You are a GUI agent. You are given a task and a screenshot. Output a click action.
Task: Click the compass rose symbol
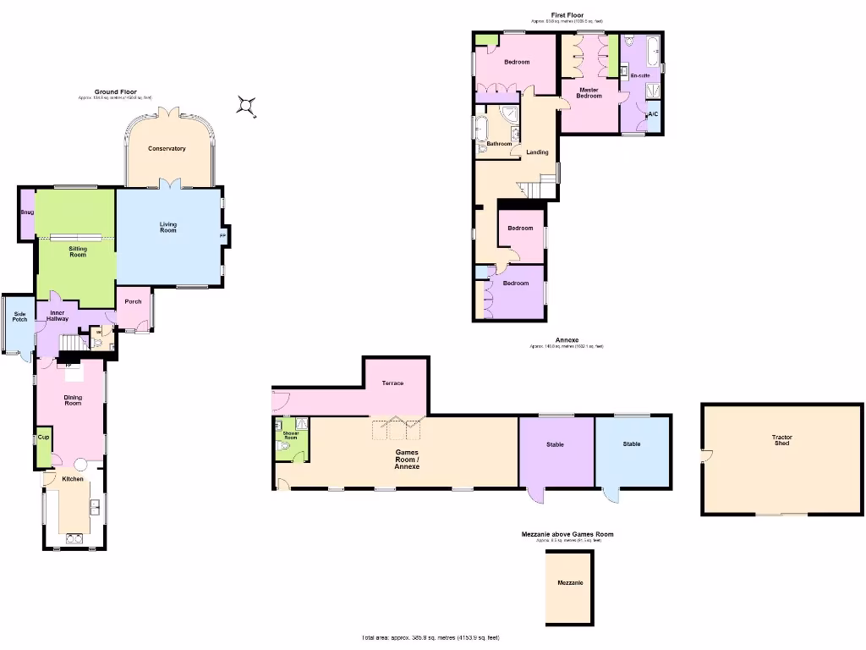pyautogui.click(x=246, y=105)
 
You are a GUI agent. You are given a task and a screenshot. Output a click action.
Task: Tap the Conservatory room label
pyautogui.click(x=167, y=149)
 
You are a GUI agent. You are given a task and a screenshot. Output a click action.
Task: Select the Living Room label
pyautogui.click(x=168, y=227)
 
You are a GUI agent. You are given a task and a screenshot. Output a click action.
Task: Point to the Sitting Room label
pyautogui.click(x=78, y=251)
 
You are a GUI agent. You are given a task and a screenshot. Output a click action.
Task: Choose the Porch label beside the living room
pyautogui.click(x=133, y=301)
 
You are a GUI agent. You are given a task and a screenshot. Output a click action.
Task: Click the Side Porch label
pyautogui.click(x=19, y=316)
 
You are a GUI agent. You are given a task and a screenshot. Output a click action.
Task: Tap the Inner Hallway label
pyautogui.click(x=58, y=316)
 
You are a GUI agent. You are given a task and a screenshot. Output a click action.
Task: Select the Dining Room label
pyautogui.click(x=73, y=399)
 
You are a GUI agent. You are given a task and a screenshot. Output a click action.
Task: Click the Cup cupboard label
pyautogui.click(x=43, y=438)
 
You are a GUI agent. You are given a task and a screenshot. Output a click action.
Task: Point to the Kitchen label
pyautogui.click(x=73, y=479)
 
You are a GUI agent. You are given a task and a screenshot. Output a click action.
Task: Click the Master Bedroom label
pyautogui.click(x=589, y=93)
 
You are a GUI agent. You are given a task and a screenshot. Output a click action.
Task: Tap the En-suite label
pyautogui.click(x=640, y=76)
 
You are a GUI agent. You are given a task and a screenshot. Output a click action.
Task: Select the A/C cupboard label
pyautogui.click(x=652, y=114)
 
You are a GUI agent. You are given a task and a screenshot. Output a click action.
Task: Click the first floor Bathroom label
pyautogui.click(x=499, y=144)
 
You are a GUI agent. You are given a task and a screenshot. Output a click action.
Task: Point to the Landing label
pyautogui.click(x=537, y=152)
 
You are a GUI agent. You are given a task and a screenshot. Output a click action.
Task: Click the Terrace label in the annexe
pyautogui.click(x=392, y=383)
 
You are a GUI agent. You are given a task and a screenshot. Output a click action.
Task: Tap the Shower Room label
pyautogui.click(x=290, y=435)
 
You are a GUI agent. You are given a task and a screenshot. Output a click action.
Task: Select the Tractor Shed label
pyautogui.click(x=781, y=440)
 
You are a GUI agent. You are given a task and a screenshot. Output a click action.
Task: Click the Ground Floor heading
pyautogui.click(x=115, y=91)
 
